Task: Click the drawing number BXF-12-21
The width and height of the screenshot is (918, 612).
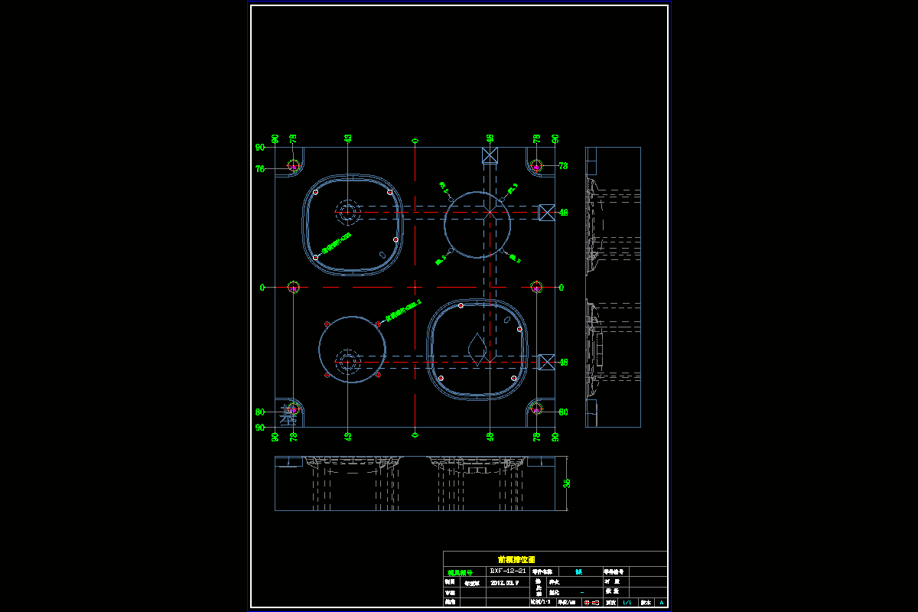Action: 508,571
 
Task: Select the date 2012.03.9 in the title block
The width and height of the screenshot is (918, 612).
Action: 505,582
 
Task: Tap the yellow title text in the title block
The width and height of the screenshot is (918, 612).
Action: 516,559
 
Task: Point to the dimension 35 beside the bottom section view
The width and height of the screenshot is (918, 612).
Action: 567,483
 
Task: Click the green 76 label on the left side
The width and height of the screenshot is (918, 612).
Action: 260,169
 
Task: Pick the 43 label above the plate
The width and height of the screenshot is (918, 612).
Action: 348,138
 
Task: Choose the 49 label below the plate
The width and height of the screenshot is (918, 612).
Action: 490,436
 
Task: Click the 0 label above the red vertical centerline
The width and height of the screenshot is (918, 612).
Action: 415,141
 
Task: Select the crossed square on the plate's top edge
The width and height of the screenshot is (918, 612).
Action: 490,155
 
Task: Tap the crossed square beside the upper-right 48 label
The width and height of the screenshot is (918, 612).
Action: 546,212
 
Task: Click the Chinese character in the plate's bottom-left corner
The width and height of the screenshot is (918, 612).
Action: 288,415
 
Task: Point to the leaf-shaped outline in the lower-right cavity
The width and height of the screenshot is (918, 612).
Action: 477,348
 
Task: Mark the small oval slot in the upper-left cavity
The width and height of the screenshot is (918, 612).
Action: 381,254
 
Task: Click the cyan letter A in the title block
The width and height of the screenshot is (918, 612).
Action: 662,603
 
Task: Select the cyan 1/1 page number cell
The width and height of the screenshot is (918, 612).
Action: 627,603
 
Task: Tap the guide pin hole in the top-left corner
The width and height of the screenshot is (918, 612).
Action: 294,165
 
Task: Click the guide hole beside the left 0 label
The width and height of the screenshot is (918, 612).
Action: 294,287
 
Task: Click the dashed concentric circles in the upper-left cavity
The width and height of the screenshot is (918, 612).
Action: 348,212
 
